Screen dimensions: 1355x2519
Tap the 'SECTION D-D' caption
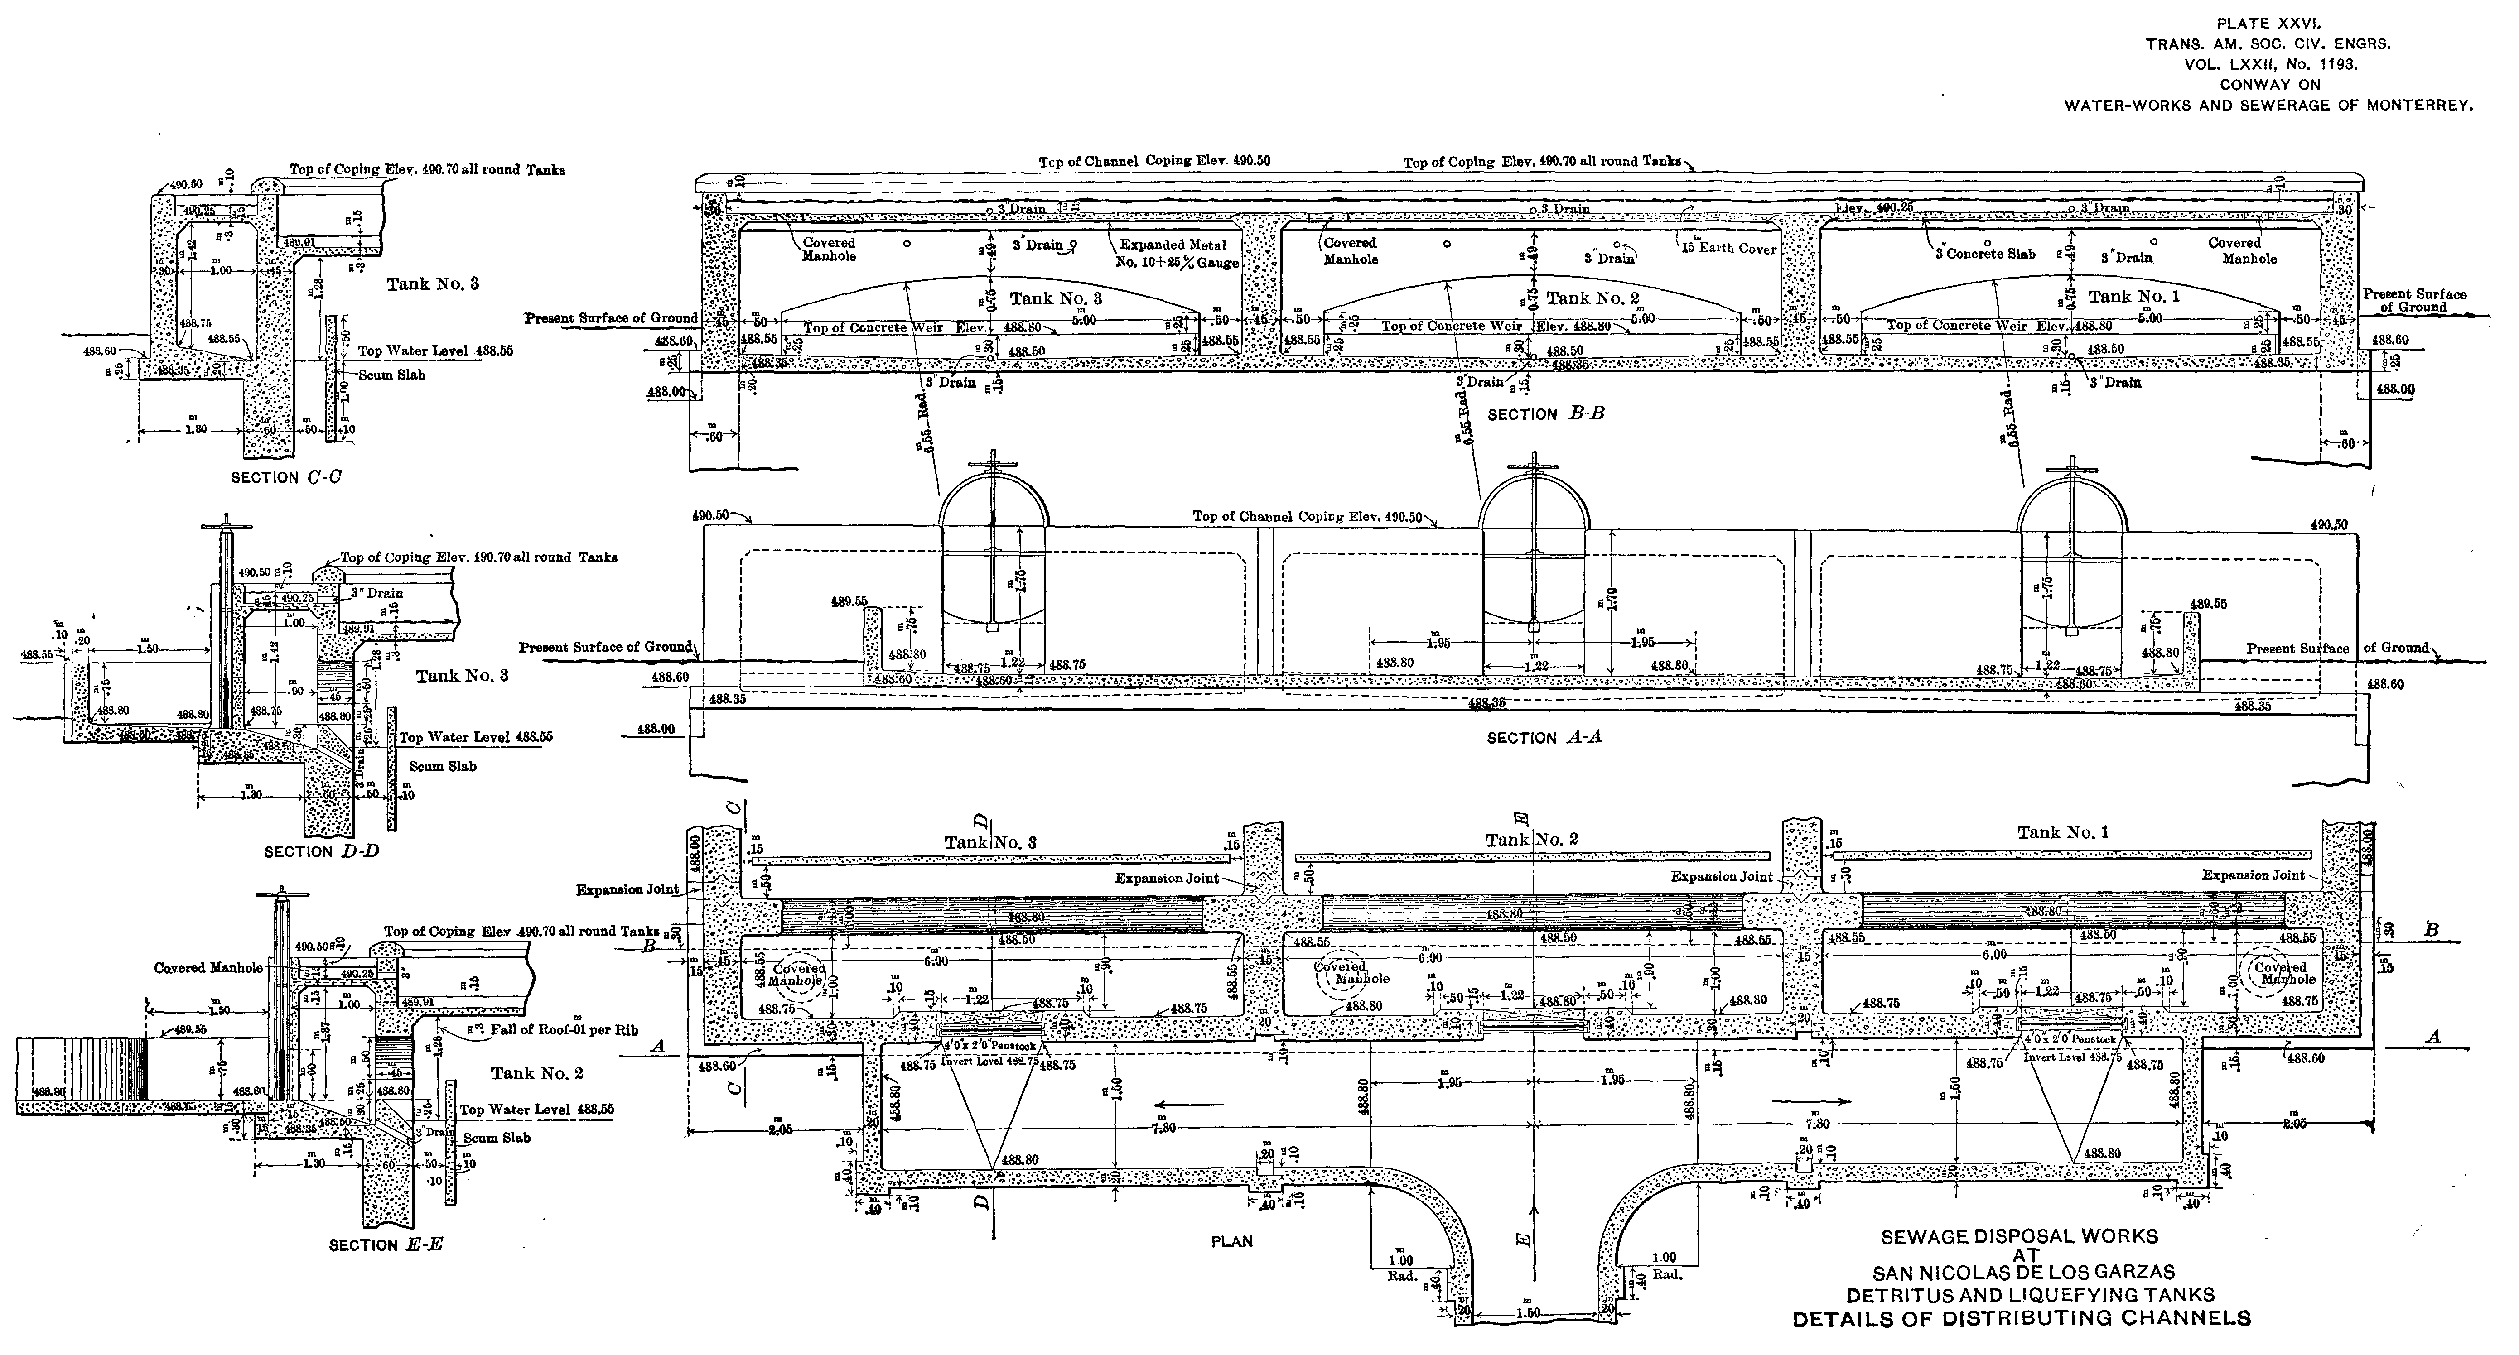[x=321, y=851]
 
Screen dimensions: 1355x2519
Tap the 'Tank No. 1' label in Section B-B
[x=2134, y=296]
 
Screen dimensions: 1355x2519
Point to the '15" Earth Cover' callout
[x=1728, y=248]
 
